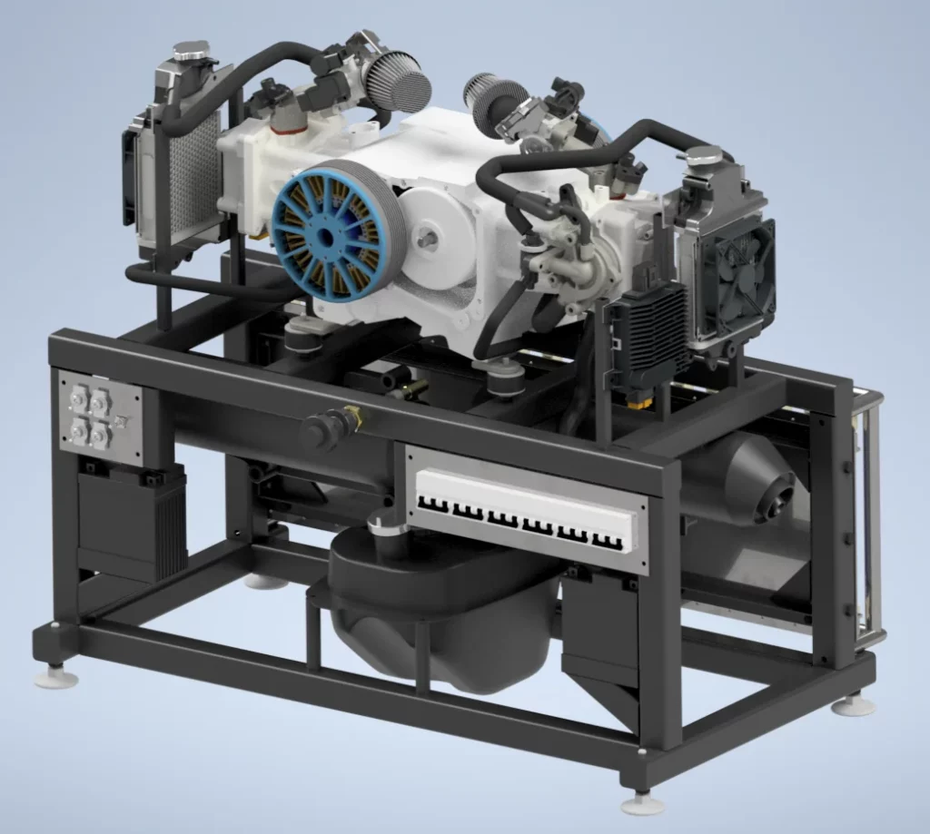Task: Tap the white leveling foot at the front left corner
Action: [55, 676]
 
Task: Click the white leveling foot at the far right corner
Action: [855, 703]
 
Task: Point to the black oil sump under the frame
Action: [436, 617]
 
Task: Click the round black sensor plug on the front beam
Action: [327, 427]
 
